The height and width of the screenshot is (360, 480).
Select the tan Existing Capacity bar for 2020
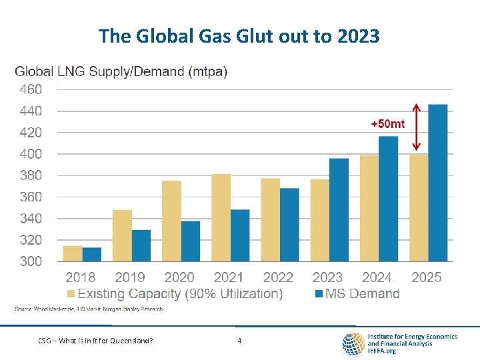point(171,221)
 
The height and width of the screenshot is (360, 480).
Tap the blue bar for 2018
point(92,254)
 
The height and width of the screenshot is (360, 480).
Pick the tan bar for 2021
point(221,217)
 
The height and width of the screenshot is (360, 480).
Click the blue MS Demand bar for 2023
point(339,209)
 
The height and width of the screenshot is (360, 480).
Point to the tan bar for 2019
point(122,235)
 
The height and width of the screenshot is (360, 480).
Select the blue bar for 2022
point(289,224)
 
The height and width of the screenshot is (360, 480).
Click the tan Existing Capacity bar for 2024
point(369,208)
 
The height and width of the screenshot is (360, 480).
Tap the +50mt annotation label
point(387,124)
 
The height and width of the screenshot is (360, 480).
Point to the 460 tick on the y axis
point(29,89)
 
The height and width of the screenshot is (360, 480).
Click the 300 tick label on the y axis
point(29,261)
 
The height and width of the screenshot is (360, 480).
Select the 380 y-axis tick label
point(29,175)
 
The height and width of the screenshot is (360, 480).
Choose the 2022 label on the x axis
point(278,277)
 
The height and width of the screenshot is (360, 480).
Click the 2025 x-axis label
point(426,277)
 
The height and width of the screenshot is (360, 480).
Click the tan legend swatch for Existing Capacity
point(71,294)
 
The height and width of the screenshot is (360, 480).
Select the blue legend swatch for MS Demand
point(319,294)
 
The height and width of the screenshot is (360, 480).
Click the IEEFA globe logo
point(353,343)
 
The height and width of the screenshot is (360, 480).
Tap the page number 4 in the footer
point(239,341)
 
